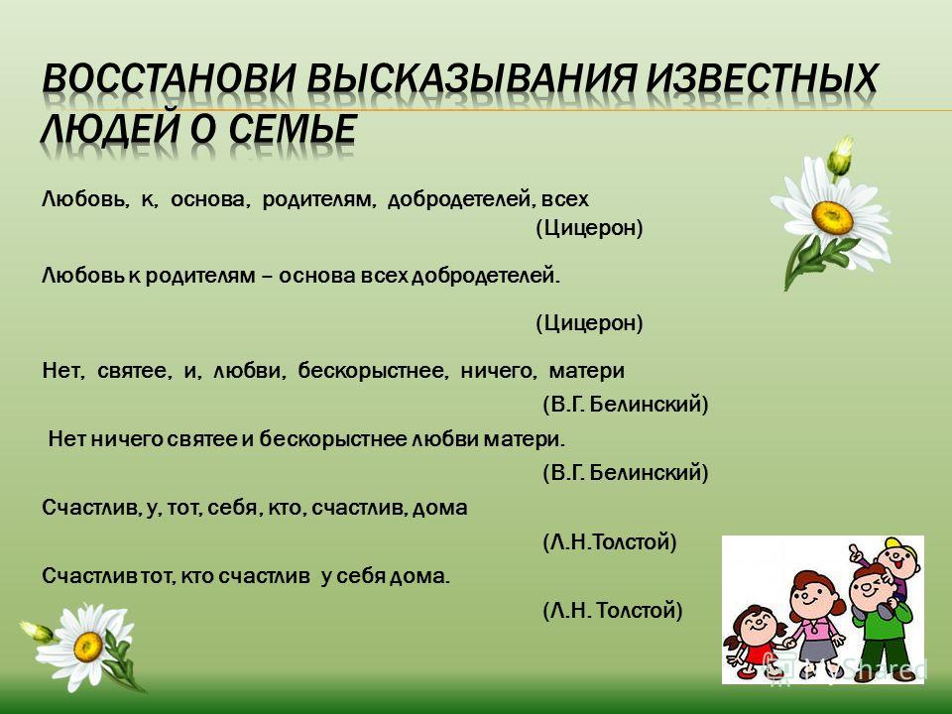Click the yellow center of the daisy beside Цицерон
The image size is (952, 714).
pyautogui.click(x=832, y=217)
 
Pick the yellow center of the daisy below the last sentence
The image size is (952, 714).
pyautogui.click(x=88, y=647)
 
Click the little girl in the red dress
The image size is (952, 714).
pyautogui.click(x=753, y=643)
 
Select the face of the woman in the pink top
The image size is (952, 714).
pyautogui.click(x=810, y=593)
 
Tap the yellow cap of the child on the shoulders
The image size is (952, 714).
pyautogui.click(x=899, y=544)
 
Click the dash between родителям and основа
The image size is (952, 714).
pyautogui.click(x=267, y=278)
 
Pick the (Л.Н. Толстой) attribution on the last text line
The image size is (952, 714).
pyautogui.click(x=613, y=610)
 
